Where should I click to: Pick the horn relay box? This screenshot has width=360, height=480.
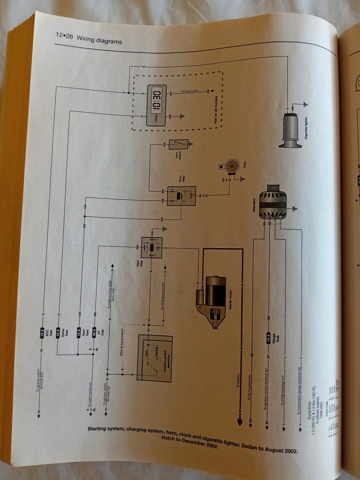click(181, 196)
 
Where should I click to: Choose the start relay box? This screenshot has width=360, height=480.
click(151, 247)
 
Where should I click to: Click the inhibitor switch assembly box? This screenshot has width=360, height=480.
click(154, 358)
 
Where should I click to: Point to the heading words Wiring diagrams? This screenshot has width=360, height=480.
click(99, 39)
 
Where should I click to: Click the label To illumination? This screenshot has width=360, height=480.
click(190, 91)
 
